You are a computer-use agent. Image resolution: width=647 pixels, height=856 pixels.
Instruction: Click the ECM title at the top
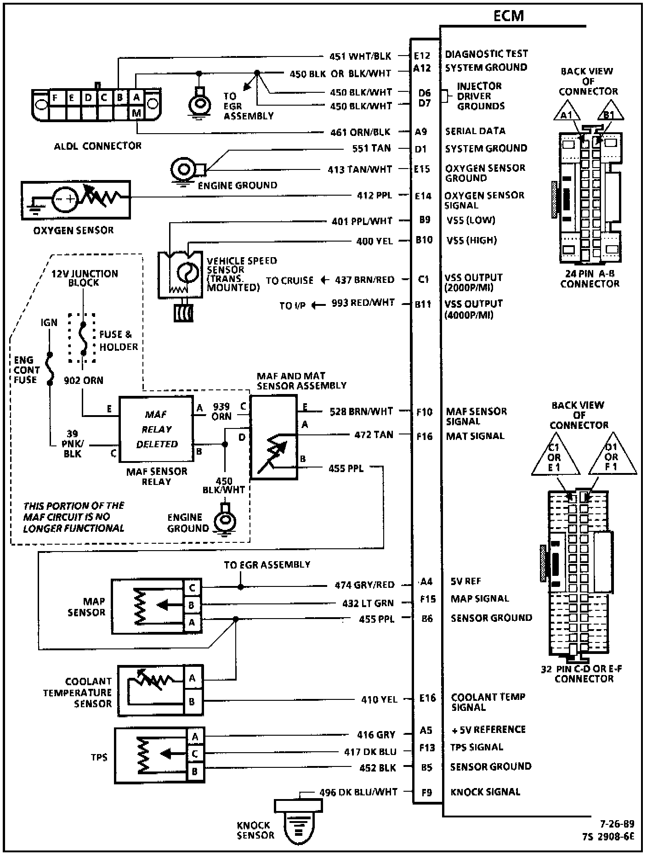coord(508,16)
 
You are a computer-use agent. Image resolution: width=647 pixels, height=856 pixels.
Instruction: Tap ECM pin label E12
coord(422,56)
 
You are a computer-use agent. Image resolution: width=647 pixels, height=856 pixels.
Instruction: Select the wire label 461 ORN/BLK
coord(360,132)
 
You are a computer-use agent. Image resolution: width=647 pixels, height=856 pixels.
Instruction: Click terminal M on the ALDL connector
coord(137,113)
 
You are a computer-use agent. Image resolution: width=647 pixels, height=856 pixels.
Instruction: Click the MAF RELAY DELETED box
coord(156,429)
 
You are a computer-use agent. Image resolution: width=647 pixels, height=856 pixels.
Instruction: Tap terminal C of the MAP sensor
coord(193,587)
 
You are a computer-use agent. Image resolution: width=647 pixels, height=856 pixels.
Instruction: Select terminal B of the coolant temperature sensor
coord(193,702)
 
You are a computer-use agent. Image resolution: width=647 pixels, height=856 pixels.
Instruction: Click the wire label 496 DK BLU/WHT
coord(358,792)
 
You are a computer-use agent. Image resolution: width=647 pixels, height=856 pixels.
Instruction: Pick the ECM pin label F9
coord(426,792)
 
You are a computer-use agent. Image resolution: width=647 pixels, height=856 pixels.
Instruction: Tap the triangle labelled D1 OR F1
coord(612,458)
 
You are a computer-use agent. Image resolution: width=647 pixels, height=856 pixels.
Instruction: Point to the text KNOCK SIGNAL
coord(485,792)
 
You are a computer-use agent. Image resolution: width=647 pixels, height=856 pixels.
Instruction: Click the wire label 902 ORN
coord(84,380)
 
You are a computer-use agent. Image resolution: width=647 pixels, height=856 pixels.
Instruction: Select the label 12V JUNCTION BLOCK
coord(85,278)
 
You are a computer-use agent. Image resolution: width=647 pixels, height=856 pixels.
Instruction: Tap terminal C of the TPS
coord(195,754)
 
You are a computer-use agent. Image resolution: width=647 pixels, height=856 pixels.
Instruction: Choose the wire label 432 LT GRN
coord(368,603)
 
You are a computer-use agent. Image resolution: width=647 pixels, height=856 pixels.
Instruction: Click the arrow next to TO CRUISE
coord(324,280)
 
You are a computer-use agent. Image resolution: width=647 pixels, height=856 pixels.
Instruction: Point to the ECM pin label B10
coord(424,240)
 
